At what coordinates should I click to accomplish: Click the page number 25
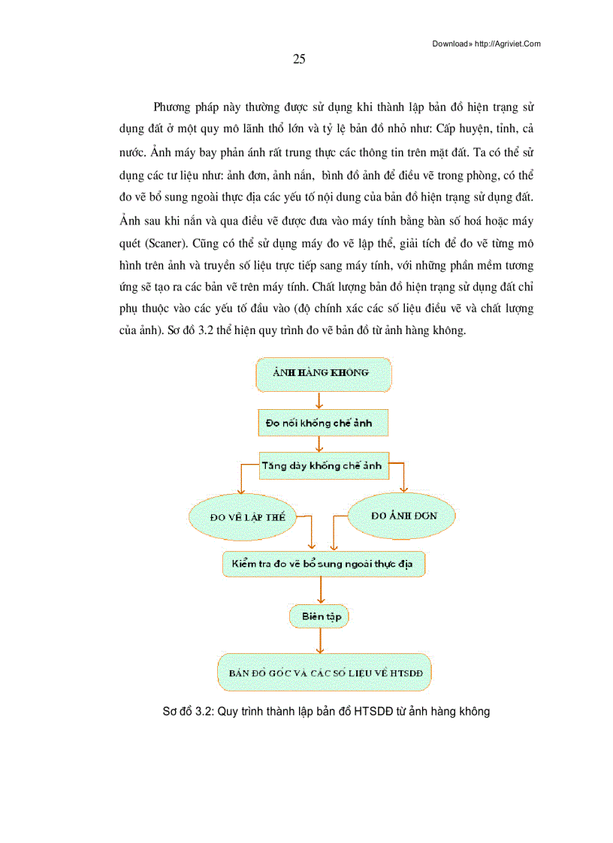coord(298,61)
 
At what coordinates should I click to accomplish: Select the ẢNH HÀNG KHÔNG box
coord(323,375)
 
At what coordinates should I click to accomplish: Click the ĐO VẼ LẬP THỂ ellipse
coord(242,517)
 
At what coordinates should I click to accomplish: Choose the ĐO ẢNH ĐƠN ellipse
coord(404,516)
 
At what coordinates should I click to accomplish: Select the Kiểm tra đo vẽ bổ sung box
coord(324,564)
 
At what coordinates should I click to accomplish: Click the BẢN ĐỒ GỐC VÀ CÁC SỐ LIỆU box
coord(325,673)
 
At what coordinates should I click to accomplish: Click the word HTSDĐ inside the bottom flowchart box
coord(406,673)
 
